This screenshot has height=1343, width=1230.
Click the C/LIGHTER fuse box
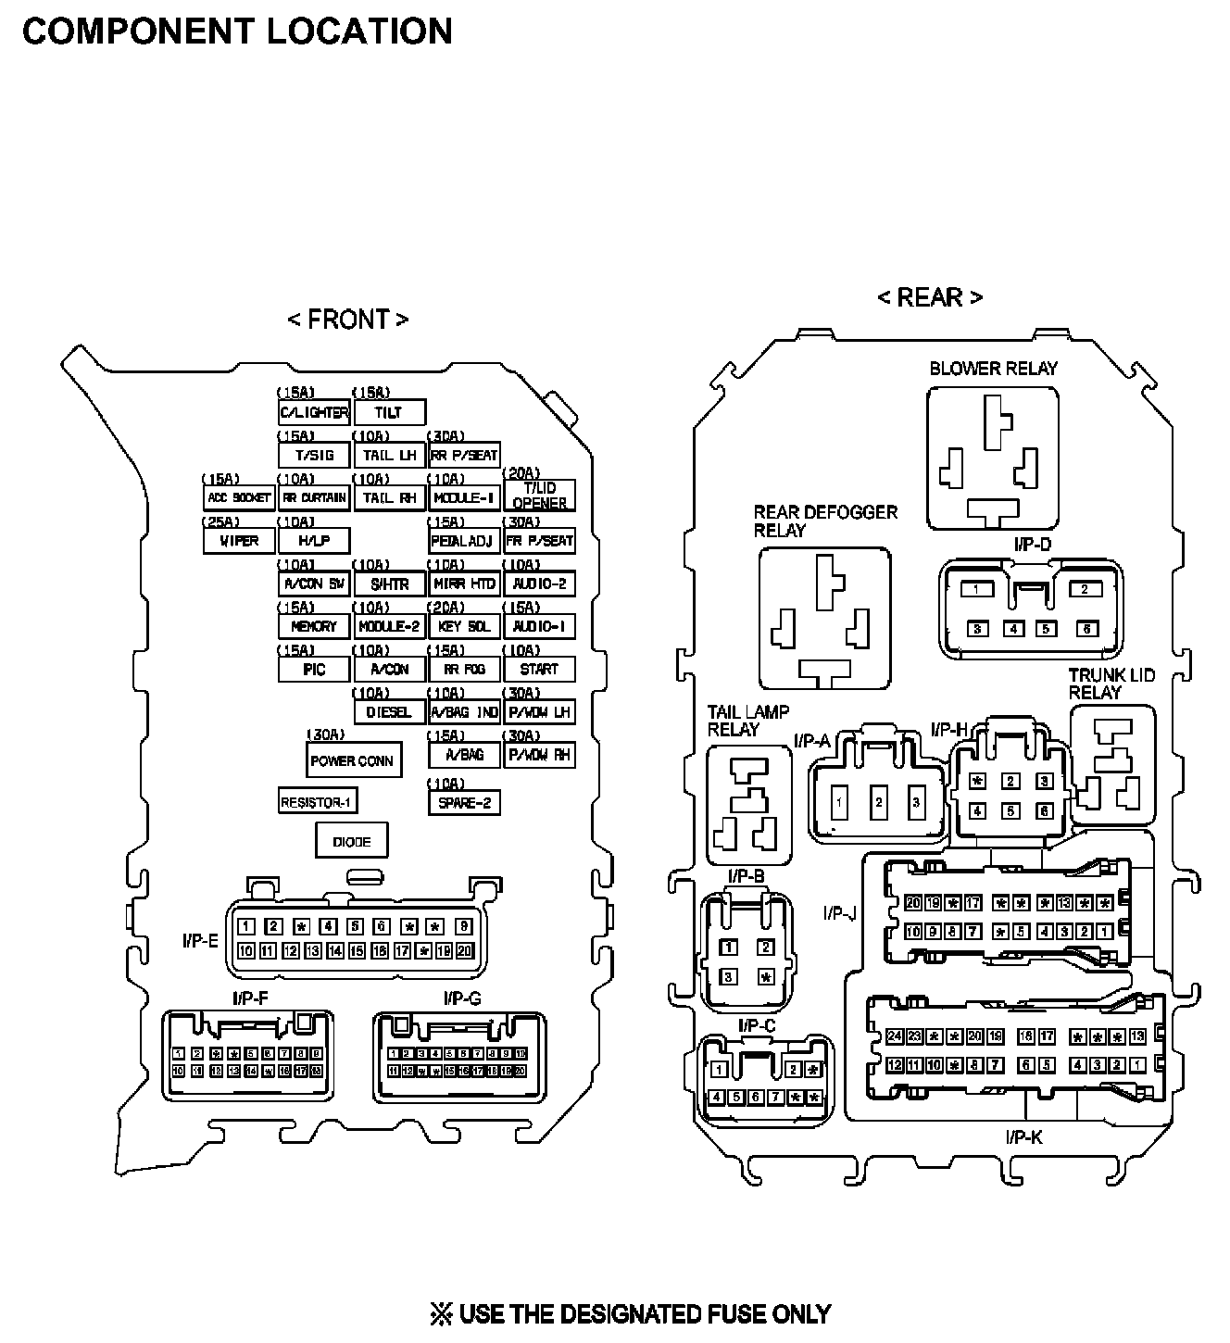[x=314, y=412]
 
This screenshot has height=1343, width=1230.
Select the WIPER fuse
[x=239, y=541]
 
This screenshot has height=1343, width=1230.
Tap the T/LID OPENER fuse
[x=539, y=496]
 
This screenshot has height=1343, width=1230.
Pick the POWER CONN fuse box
[x=352, y=760]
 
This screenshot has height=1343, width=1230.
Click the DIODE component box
[x=351, y=842]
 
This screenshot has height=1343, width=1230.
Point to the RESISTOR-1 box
[x=318, y=802]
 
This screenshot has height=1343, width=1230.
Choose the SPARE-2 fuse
[x=464, y=802]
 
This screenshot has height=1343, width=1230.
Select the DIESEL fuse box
[x=389, y=712]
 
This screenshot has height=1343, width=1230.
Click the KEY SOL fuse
[x=464, y=626]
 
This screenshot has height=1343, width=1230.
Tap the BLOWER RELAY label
[x=993, y=369]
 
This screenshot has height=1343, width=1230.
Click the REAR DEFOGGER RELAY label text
[x=824, y=521]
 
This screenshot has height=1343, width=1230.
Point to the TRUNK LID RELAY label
[x=1111, y=684]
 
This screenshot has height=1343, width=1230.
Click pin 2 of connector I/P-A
[x=879, y=802]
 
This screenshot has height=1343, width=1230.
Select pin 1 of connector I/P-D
[x=976, y=589]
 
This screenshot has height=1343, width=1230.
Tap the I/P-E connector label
[x=200, y=942]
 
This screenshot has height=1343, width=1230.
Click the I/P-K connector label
[x=1023, y=1136]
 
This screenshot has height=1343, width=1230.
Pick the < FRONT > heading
[x=347, y=320]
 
